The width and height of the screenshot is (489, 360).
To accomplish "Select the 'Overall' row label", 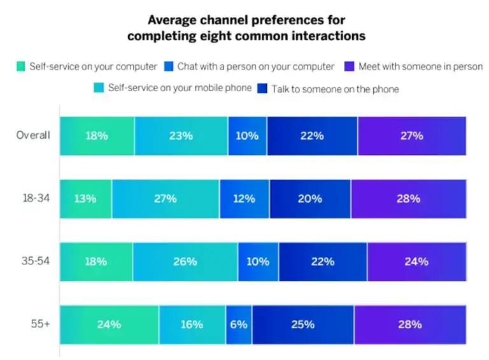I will (33, 136).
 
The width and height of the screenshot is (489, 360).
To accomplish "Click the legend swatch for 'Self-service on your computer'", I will (20, 66).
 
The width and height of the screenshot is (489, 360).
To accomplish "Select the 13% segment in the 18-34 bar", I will (85, 199).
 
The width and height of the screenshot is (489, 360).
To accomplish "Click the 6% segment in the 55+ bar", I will (239, 324).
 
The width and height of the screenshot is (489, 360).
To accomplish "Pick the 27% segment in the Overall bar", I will (411, 136).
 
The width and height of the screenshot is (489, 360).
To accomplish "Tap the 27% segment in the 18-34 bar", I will (166, 199).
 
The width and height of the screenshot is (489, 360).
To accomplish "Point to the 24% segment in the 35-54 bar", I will (416, 261).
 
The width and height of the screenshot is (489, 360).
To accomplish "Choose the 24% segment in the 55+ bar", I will (109, 324).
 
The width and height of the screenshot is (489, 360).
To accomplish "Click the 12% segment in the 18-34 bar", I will (244, 199).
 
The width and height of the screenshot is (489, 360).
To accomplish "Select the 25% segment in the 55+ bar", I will (302, 324).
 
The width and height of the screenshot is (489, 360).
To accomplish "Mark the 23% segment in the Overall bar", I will (181, 136).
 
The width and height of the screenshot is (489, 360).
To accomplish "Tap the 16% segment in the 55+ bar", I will (192, 324).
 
